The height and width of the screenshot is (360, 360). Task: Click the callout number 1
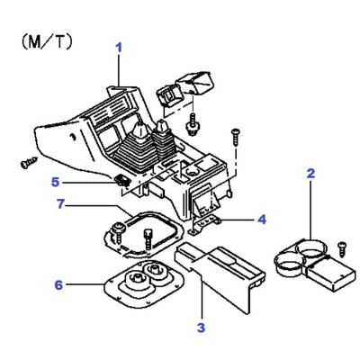point(120,49)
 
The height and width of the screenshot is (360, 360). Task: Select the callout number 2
point(310,174)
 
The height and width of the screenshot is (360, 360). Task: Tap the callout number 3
point(201,328)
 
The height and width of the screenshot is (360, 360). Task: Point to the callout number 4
point(262,220)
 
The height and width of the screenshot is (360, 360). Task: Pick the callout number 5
point(55,182)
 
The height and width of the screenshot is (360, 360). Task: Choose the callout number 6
point(58,285)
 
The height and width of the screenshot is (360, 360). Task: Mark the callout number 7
point(60,204)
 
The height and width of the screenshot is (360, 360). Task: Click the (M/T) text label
point(47,42)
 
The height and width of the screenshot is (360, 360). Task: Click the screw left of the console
point(29,162)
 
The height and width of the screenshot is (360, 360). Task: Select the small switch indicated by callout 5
point(121,180)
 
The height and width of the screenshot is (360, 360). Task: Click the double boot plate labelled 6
point(143,283)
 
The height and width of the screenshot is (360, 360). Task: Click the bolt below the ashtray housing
point(192,124)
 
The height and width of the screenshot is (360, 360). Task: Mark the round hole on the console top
point(193,172)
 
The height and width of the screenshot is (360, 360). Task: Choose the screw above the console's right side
point(236,137)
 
